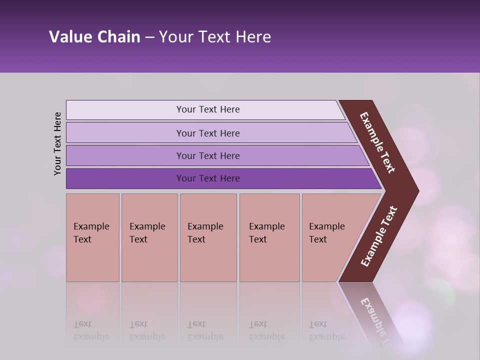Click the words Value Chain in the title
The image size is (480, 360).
(94, 37)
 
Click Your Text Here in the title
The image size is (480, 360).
(215, 37)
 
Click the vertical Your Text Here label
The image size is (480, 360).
(57, 143)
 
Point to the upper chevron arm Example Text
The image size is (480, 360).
(377, 142)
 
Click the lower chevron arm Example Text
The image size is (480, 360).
(378, 236)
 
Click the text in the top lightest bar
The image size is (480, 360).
(208, 109)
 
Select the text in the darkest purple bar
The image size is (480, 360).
(208, 178)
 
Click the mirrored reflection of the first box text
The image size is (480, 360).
(91, 330)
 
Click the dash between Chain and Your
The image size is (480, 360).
(149, 37)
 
